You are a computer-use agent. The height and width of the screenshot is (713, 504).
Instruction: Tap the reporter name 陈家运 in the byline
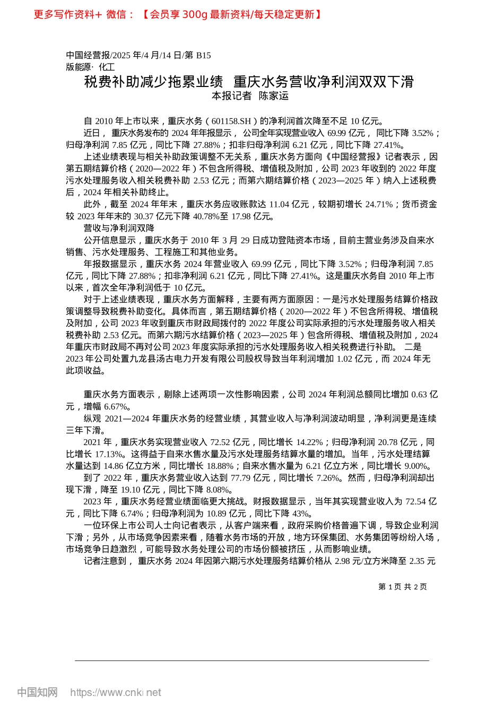pos(274,96)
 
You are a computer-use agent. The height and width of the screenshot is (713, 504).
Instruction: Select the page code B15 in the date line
pos(204,55)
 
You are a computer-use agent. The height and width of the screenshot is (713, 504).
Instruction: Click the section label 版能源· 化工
pos(90,67)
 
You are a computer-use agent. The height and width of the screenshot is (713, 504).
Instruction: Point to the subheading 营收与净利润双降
pos(119,228)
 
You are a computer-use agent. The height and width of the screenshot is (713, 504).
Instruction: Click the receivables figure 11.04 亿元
pos(289,204)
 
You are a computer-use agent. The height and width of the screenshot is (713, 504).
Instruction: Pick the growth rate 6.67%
pos(116,406)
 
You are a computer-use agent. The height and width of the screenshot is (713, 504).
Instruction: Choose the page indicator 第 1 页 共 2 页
pos(402,587)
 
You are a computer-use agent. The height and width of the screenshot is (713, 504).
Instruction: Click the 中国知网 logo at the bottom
pos(37,692)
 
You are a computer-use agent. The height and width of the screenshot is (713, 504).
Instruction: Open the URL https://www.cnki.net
pos(116,692)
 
